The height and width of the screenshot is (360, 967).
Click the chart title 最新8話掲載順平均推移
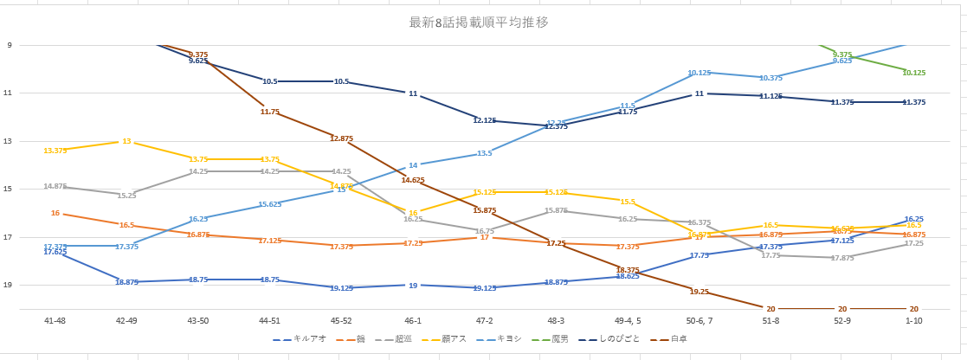click(x=479, y=22)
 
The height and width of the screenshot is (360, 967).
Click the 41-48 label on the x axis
click(x=55, y=320)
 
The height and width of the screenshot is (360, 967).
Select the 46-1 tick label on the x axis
click(x=413, y=320)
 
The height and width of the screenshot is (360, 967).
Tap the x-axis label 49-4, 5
click(x=628, y=320)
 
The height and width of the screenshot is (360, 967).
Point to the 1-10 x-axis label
click(x=913, y=320)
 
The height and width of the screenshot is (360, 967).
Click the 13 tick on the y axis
click(x=9, y=141)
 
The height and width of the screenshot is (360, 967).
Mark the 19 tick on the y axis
click(x=9, y=285)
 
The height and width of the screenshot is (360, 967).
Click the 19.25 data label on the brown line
click(x=699, y=292)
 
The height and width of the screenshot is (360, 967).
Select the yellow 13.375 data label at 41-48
click(x=55, y=151)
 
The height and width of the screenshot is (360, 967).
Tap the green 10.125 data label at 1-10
click(x=913, y=73)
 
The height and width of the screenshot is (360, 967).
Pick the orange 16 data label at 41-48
click(x=55, y=213)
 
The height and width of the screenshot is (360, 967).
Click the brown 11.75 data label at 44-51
click(x=270, y=112)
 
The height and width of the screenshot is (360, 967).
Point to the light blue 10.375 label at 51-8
click(x=770, y=78)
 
